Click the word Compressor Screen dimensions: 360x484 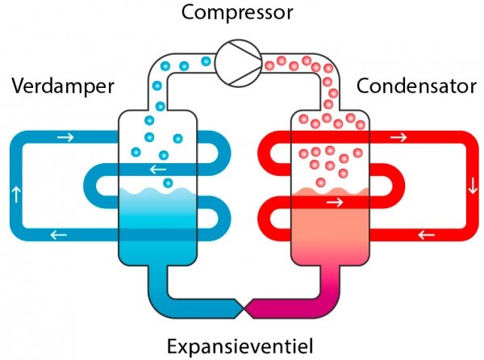point(238,13)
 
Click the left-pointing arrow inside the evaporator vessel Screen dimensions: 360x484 point(159,170)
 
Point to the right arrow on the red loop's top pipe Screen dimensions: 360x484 point(398,137)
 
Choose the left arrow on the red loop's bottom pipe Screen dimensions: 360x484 point(426,236)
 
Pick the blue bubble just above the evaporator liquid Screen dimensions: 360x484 point(168,184)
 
